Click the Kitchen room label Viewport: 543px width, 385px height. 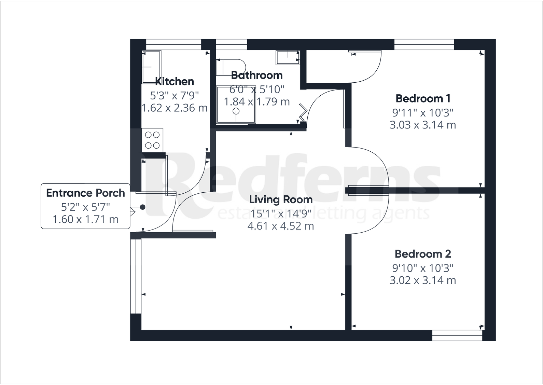click(175, 81)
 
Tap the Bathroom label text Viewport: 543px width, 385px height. click(257, 75)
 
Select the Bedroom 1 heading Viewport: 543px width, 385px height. click(423, 98)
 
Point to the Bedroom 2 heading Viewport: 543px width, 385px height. click(423, 254)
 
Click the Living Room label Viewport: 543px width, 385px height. click(281, 200)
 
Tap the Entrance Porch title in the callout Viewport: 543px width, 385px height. click(85, 193)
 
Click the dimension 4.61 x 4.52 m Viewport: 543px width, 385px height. click(281, 226)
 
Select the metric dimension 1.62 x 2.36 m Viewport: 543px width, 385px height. click(175, 108)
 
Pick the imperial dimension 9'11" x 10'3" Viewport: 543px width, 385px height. click(423, 112)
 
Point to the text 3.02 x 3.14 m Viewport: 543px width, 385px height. click(423, 280)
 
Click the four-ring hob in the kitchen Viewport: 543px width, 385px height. click(152, 140)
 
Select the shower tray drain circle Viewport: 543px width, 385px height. click(236, 111)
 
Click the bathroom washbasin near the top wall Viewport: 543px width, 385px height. click(288, 57)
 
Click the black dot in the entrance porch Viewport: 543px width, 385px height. click(142, 207)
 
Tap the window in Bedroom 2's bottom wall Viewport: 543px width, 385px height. click(457, 335)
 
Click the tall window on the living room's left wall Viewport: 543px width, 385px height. click(136, 276)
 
